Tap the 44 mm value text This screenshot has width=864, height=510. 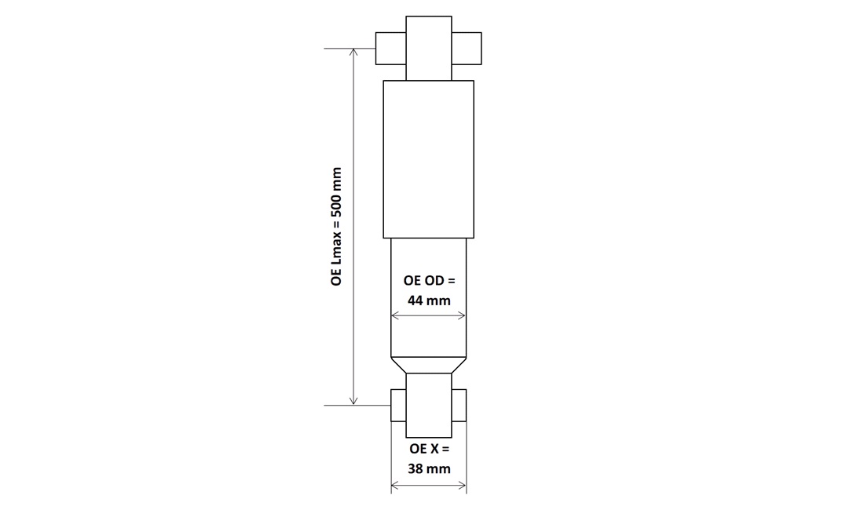pos(429,301)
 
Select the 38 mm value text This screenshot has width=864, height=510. pos(429,468)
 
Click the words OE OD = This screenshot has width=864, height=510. pos(429,281)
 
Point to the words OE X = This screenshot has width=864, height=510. pos(429,449)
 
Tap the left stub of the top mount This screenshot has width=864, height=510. pos(390,49)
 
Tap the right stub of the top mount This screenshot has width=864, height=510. pos(467,49)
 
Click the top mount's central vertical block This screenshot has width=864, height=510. pos(429,49)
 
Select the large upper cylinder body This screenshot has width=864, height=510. pos(429,159)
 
